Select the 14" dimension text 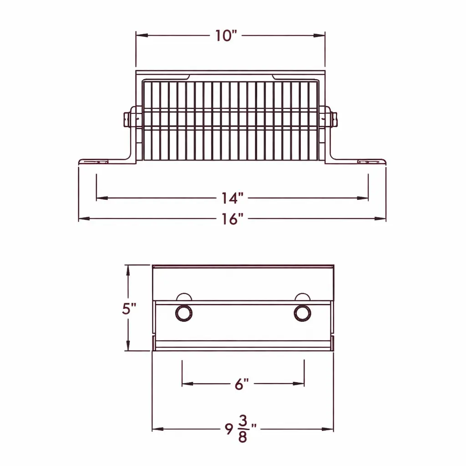(x=233, y=198)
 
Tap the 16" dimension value (x=233, y=219)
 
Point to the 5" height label (x=129, y=309)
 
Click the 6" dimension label (x=242, y=384)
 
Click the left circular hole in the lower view (x=184, y=313)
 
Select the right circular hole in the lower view (x=302, y=313)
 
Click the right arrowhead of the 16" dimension (x=382, y=219)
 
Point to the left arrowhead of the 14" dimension (x=101, y=198)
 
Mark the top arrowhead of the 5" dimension (x=129, y=269)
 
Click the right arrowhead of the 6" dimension (x=301, y=384)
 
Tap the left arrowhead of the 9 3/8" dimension (x=156, y=429)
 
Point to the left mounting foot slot (x=99, y=162)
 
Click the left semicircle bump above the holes (x=184, y=297)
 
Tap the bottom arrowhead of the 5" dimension (x=129, y=347)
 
